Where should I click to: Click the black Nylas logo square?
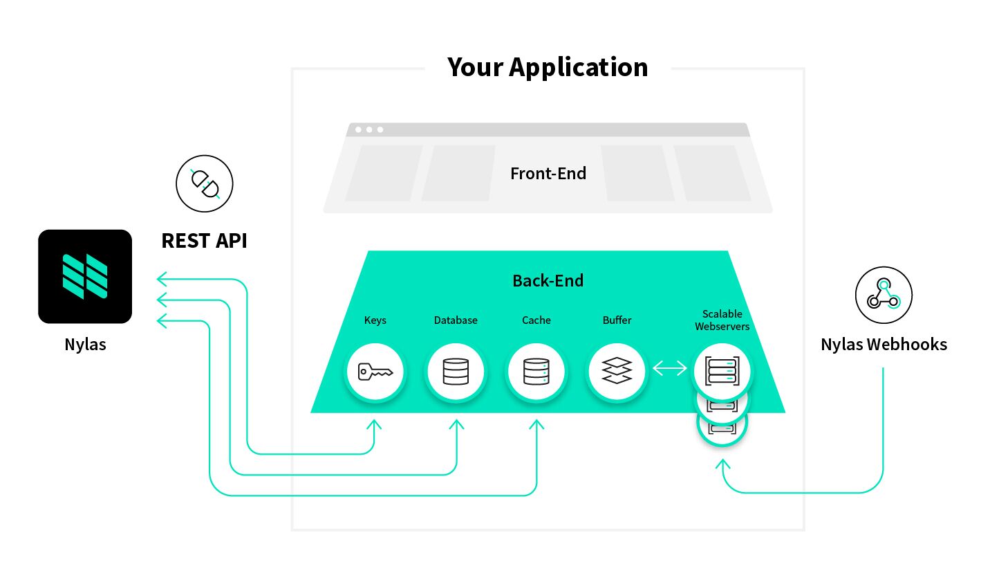click(85, 276)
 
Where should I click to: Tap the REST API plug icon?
click(205, 183)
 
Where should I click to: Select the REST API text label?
click(204, 240)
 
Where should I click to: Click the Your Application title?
click(548, 67)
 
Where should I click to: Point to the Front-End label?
click(548, 173)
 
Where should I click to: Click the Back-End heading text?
click(548, 280)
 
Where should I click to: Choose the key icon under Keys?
click(375, 372)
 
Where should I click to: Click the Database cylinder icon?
click(456, 372)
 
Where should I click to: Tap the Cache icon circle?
click(536, 372)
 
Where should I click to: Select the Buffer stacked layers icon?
click(617, 372)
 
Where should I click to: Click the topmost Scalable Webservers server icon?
click(722, 370)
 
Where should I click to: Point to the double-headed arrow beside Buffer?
click(669, 369)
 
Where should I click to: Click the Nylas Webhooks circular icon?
click(884, 295)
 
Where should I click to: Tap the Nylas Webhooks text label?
click(884, 344)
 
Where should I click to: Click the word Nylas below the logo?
click(85, 344)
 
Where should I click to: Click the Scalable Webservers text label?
click(722, 320)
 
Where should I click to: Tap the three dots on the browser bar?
click(369, 129)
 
